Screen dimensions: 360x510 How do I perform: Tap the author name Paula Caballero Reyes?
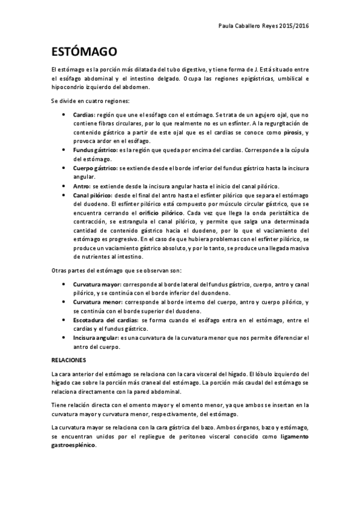[245, 26]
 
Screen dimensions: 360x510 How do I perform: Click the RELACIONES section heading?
[69, 360]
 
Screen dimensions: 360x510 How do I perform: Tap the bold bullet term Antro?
[82, 187]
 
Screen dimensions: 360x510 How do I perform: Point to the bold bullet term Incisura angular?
[95, 339]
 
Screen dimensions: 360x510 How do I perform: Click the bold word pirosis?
[293, 132]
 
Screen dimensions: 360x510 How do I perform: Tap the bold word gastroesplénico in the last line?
[73, 446]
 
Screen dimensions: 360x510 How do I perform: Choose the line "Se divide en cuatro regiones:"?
[86, 100]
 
